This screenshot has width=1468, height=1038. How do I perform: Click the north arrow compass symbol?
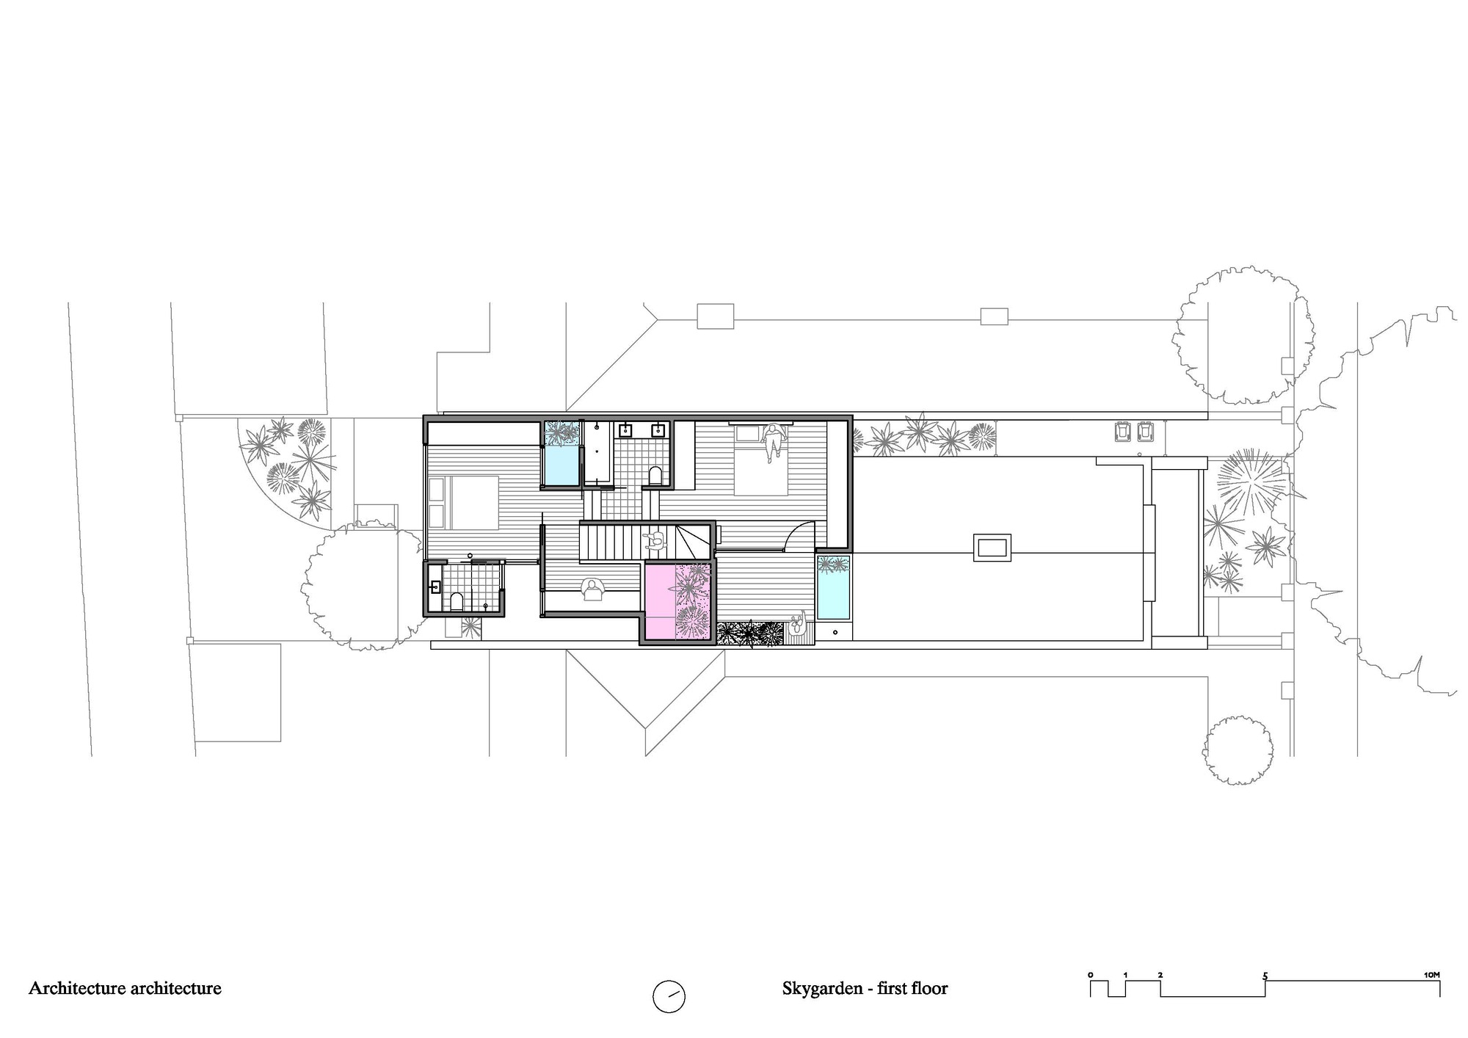(669, 996)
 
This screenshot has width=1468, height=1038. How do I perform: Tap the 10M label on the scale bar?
(1431, 975)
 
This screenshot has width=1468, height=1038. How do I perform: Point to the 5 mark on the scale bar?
(1265, 976)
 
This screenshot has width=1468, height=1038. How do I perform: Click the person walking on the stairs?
(654, 542)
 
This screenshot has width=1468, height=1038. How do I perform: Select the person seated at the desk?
(591, 589)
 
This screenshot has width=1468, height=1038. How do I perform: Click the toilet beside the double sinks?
(656, 475)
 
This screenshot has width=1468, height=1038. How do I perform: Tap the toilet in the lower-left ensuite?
(457, 602)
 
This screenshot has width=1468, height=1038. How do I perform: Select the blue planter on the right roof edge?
(833, 587)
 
